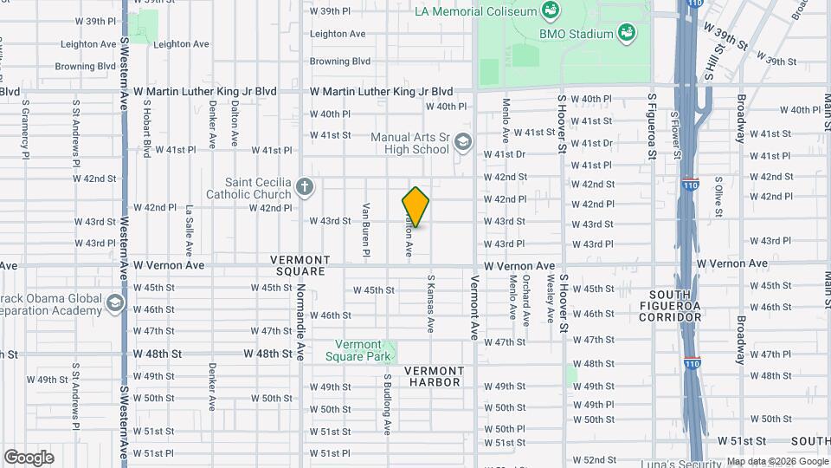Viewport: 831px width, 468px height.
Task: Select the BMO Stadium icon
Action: tap(627, 33)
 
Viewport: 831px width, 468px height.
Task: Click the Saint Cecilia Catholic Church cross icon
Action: tap(304, 186)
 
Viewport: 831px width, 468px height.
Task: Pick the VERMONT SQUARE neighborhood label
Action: tap(300, 265)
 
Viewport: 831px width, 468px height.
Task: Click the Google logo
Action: tap(29, 457)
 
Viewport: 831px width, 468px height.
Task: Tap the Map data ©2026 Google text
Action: tap(776, 461)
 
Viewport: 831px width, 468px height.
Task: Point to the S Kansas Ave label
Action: tap(429, 304)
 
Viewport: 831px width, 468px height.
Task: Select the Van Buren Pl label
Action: tap(367, 224)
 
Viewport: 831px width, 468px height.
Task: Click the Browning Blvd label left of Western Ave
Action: tap(86, 66)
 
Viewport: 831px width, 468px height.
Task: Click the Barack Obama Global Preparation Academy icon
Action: tap(114, 304)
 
